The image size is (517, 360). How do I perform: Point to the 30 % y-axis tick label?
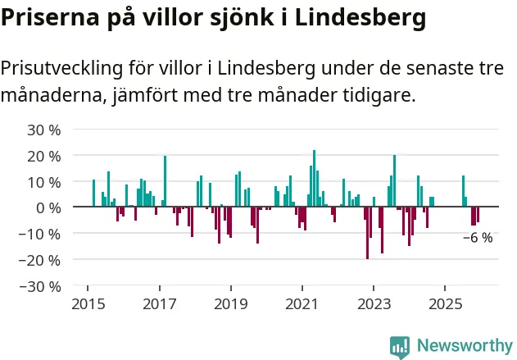point(44,130)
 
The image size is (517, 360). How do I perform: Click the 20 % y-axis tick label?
point(44,156)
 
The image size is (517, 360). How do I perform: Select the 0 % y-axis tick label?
point(48,207)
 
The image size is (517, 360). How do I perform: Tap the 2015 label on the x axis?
point(88,304)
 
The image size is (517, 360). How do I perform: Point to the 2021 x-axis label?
point(302,304)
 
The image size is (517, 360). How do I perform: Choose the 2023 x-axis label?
point(374,304)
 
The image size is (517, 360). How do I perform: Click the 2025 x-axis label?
point(445,304)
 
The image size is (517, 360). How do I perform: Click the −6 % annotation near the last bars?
point(478,238)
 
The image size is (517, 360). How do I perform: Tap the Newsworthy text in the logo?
point(464,345)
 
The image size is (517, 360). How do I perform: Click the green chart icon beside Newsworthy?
point(400,346)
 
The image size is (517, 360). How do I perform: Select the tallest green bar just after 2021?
point(314,179)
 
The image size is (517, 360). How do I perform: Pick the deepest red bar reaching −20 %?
point(367,233)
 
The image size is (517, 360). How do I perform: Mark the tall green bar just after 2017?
point(165,181)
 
